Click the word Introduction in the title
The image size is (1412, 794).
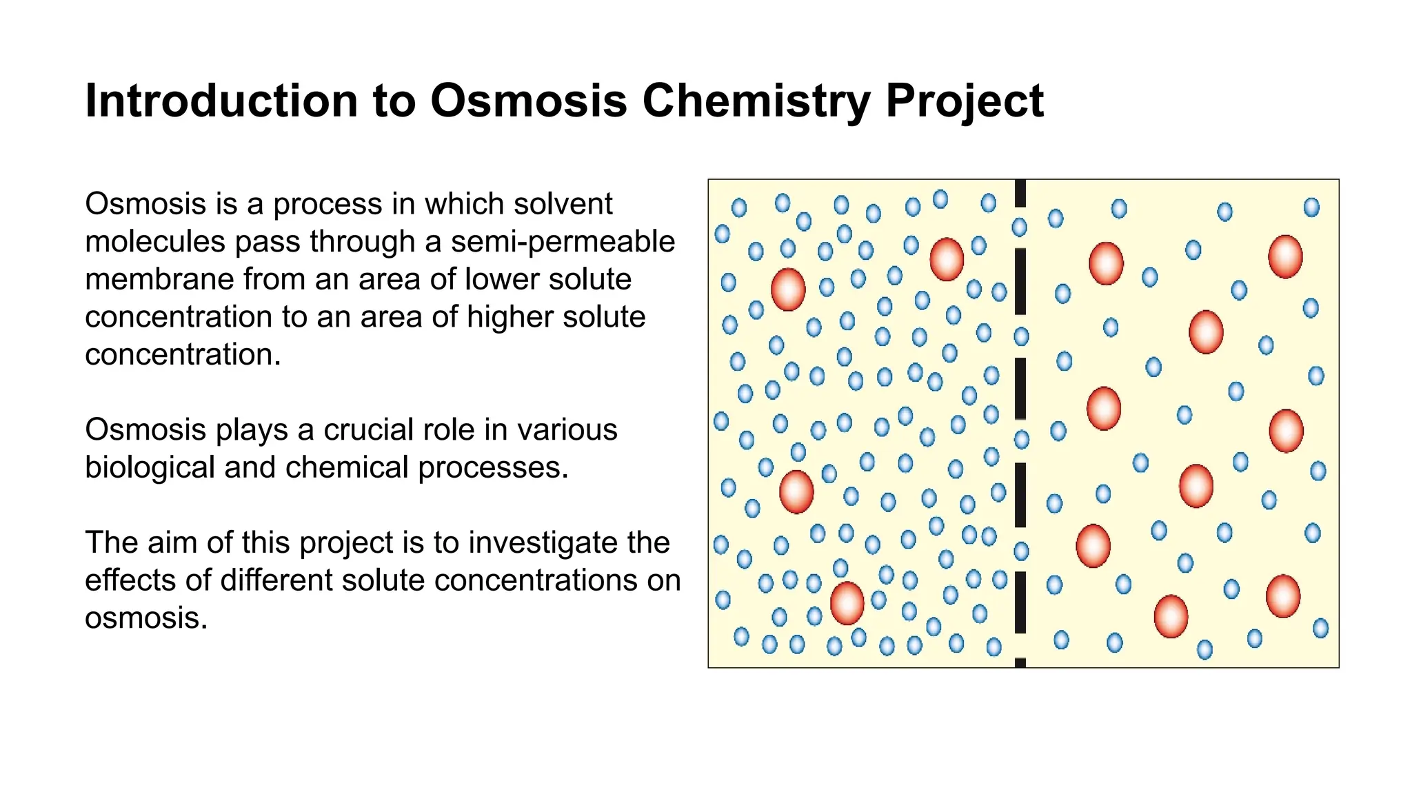pos(221,101)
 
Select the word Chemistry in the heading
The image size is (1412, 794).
pos(756,101)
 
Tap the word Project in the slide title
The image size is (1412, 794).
pos(965,101)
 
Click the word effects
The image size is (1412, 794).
pos(130,580)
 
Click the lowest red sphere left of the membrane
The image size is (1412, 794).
pos(847,603)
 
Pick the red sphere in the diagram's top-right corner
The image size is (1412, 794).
pos(1285,256)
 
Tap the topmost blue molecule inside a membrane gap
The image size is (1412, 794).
pos(1019,227)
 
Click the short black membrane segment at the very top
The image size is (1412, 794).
pos(1020,193)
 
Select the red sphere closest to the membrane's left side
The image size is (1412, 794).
pos(946,259)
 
